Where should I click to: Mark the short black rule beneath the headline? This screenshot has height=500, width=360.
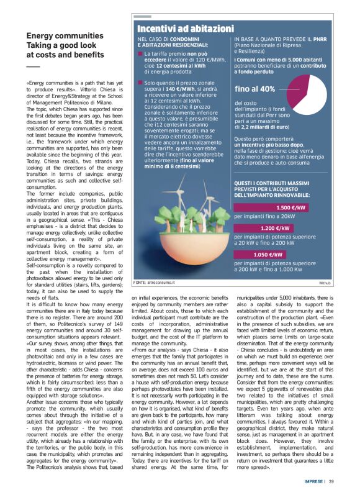click(x=32, y=66)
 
